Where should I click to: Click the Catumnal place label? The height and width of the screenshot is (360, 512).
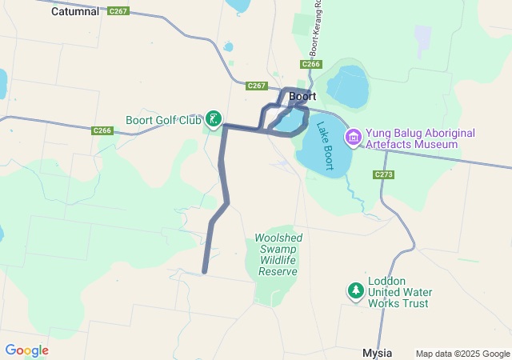75,12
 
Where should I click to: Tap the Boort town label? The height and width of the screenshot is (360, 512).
302,96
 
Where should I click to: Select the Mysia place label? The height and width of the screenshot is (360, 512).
378,352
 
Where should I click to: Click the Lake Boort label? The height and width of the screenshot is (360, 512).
324,145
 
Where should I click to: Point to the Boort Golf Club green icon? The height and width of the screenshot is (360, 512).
214,120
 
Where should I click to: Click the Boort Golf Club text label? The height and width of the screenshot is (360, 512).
163,121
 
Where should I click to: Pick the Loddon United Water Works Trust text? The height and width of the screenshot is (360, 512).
398,292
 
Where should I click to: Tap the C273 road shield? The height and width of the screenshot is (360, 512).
383,174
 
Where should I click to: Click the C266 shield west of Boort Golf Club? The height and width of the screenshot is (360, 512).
102,130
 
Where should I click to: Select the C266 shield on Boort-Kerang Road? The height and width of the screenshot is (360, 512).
311,64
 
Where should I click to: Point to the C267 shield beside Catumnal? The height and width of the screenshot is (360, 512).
118,11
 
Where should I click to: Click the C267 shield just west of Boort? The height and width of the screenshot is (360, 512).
257,86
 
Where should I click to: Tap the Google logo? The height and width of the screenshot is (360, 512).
26,350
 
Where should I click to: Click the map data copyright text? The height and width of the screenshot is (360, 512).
462,354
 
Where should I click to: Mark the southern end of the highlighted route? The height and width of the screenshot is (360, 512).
205,271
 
